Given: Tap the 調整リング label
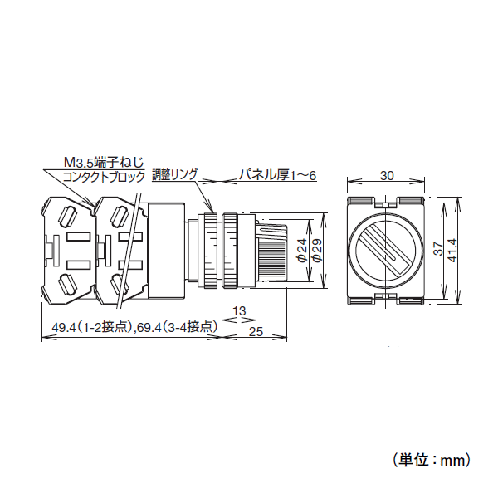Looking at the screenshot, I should click(x=174, y=175).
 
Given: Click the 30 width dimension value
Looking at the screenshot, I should click(x=387, y=176).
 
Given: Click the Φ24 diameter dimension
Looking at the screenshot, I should click(x=302, y=251).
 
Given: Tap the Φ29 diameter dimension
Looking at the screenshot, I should click(x=316, y=251).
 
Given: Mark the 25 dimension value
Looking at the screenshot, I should click(x=256, y=332).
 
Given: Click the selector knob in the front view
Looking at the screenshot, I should click(x=386, y=250).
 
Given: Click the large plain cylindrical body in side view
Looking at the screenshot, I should click(x=168, y=250).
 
